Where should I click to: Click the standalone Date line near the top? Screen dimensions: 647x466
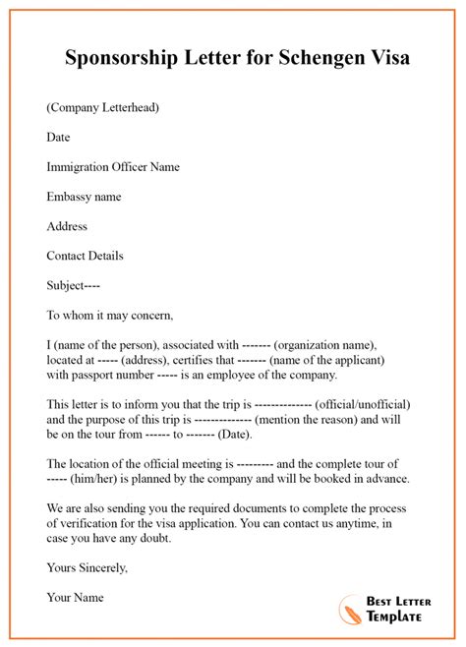[x=59, y=138]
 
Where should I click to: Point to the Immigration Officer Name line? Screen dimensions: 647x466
[x=113, y=167]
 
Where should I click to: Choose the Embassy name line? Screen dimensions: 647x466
[x=84, y=197]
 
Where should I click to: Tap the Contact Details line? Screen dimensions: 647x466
[x=86, y=256]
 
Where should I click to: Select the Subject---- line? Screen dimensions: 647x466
[x=74, y=286]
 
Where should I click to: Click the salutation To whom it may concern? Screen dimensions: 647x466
[x=110, y=316]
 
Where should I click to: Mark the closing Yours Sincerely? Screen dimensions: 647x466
[x=87, y=567]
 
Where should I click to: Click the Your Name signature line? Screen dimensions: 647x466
[x=75, y=597]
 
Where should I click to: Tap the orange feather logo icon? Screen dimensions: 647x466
[x=350, y=608]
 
